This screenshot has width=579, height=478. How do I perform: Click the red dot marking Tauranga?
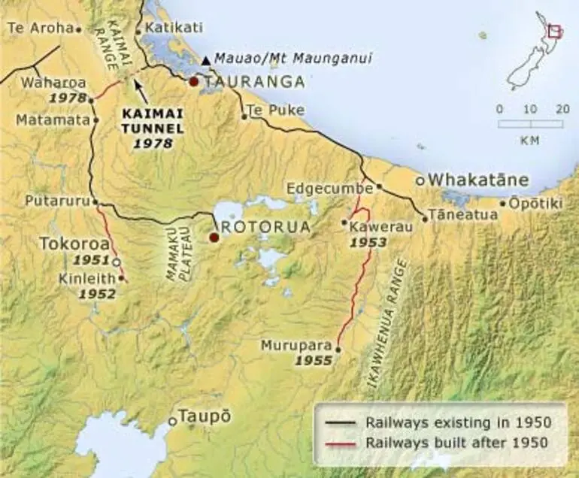pyautogui.click(x=194, y=82)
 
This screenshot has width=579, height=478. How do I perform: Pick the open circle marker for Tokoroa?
pyautogui.click(x=116, y=262)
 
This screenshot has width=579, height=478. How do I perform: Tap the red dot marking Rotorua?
pyautogui.click(x=214, y=237)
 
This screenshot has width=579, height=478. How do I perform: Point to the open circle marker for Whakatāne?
pyautogui.click(x=421, y=180)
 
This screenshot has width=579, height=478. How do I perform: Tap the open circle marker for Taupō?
pyautogui.click(x=172, y=421)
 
